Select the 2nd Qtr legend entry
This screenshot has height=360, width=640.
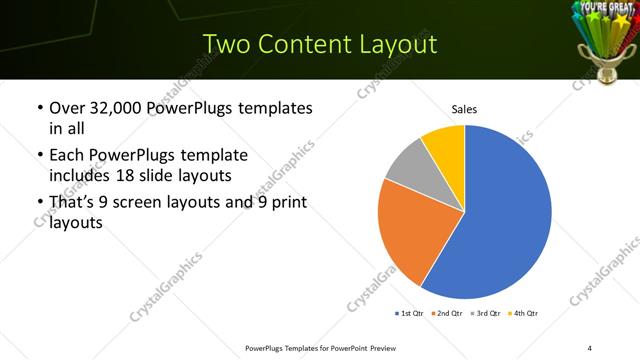point(446,314)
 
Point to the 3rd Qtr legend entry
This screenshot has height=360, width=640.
point(485,314)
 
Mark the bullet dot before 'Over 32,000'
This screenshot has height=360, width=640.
point(38,108)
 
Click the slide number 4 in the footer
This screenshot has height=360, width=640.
point(589,347)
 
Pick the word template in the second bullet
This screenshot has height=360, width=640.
point(215,156)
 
